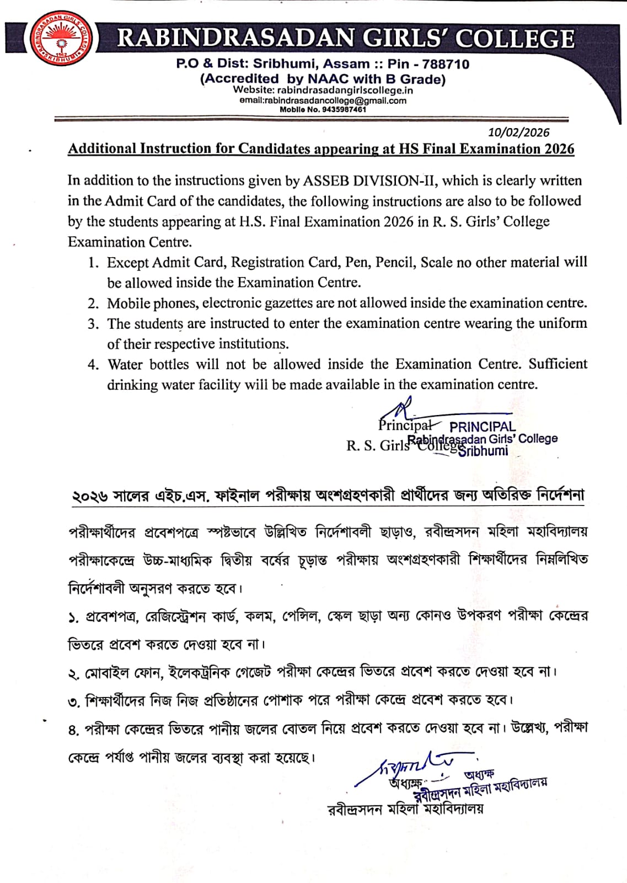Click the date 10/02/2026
(x=518, y=132)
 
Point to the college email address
(x=323, y=100)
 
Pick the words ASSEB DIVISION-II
(x=371, y=180)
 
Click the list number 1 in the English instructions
(x=93, y=263)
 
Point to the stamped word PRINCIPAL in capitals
(x=482, y=427)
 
